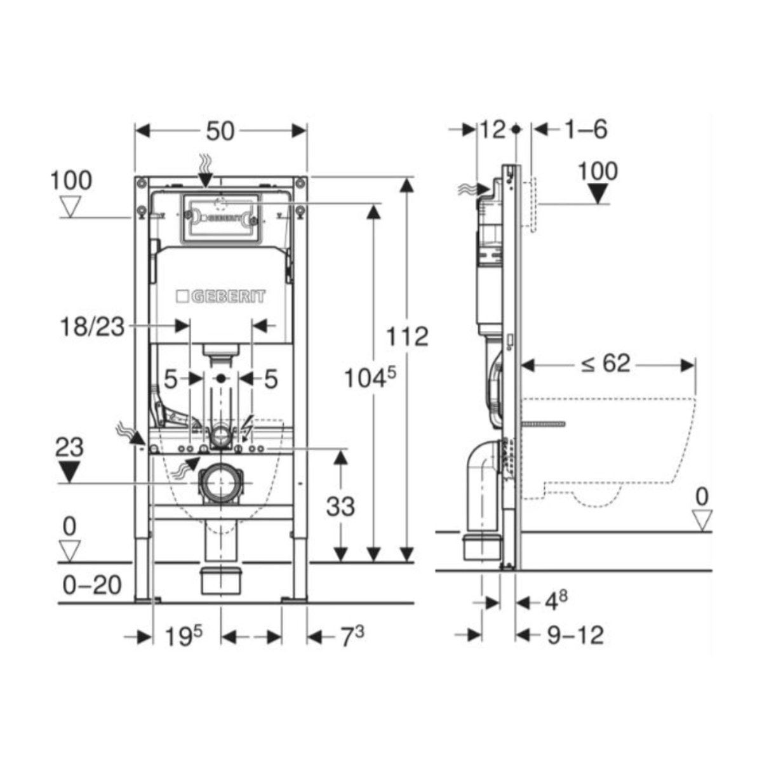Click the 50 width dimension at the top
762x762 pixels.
click(x=220, y=131)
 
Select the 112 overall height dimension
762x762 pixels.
click(x=408, y=336)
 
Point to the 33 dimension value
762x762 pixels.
click(x=340, y=507)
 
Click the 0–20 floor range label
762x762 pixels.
click(x=92, y=585)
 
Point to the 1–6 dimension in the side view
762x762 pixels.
click(x=585, y=130)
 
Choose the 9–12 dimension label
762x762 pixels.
click(x=575, y=634)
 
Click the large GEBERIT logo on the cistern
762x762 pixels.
click(x=220, y=297)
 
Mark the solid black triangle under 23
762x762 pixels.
click(x=69, y=471)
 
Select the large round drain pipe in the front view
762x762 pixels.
click(x=220, y=484)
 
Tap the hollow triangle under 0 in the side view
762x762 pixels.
click(x=701, y=519)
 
